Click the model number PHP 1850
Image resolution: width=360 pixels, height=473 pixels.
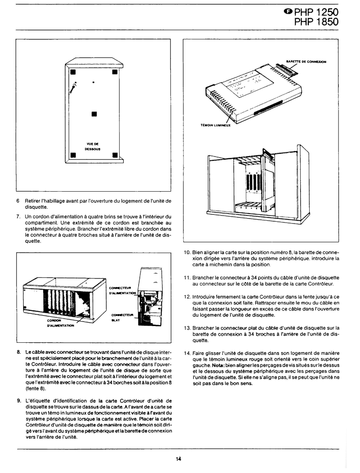coord(316,22)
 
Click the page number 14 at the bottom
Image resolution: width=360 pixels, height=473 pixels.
coord(178,459)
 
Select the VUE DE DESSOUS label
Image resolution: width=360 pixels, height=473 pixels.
coord(93,146)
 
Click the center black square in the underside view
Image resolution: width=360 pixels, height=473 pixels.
coord(94,114)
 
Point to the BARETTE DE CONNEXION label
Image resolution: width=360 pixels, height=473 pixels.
coord(306,61)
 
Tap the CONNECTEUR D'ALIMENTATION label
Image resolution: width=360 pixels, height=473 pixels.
coord(122,290)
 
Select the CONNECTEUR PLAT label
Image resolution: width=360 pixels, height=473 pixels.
coord(122,317)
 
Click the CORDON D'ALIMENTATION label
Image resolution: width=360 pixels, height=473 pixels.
coord(60,323)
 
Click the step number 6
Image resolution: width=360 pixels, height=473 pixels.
coord(18,201)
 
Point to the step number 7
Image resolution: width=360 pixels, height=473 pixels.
coord(18,217)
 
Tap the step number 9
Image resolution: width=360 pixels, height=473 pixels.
coord(18,400)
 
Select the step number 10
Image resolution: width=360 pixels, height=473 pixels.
coord(187,252)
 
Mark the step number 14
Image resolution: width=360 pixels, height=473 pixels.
coord(187,353)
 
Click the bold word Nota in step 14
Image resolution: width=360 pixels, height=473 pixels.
coord(218,365)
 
